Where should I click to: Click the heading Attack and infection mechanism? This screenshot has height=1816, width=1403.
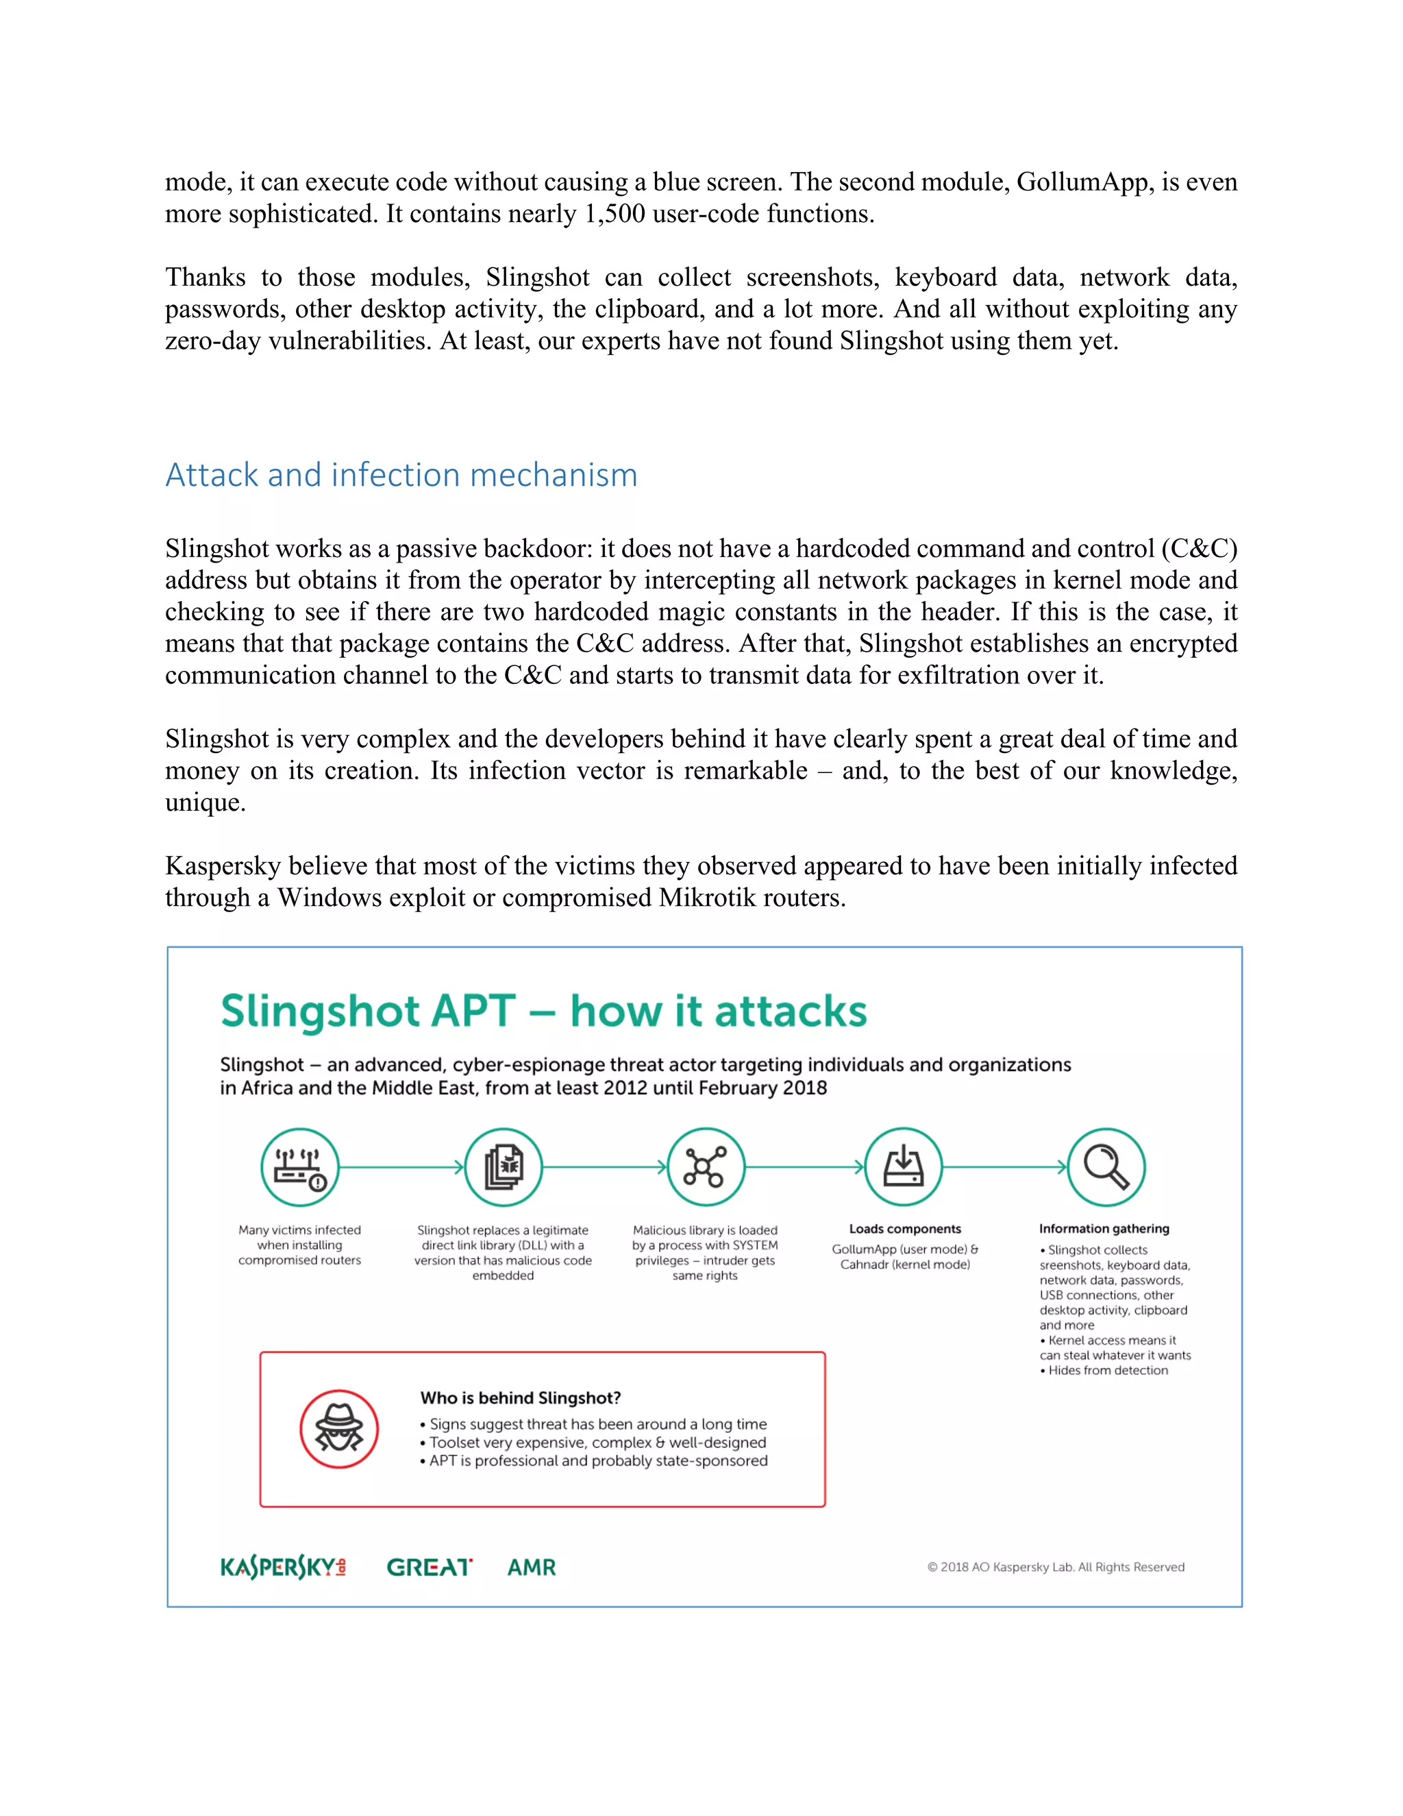pos(401,475)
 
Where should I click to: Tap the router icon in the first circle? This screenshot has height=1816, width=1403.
pos(300,1168)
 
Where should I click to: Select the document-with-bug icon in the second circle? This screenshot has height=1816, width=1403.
pos(504,1168)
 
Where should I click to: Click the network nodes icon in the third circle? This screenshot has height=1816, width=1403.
pos(705,1168)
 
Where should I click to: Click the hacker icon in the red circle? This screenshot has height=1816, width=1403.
pos(339,1430)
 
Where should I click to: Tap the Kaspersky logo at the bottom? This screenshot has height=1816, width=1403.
pos(283,1567)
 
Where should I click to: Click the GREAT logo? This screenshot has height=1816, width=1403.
pos(430,1567)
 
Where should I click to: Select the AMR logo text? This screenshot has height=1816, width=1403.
pos(532,1567)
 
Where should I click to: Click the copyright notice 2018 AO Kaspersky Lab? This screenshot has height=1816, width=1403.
pos(1056,1567)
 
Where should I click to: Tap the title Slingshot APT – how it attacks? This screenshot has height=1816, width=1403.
pos(543,1012)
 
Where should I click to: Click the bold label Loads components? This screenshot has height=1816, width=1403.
pos(905,1229)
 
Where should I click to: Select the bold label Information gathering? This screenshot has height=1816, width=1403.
pos(1104,1229)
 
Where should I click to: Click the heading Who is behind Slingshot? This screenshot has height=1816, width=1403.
pos(521,1398)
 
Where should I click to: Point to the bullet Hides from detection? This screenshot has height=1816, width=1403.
pos(1107,1371)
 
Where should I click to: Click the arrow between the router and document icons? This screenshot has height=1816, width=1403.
pos(401,1168)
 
